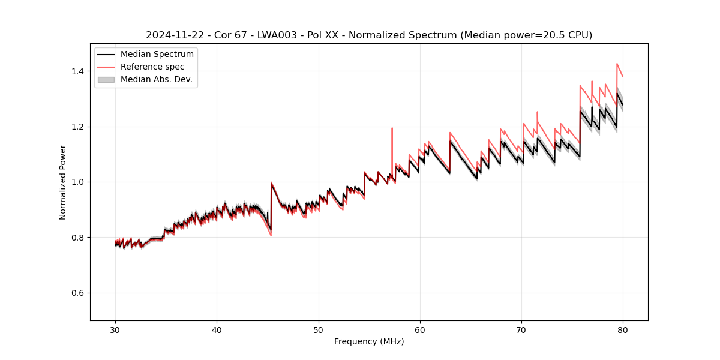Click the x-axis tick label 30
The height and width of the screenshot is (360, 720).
point(115,329)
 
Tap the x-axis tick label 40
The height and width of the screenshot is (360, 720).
point(217,329)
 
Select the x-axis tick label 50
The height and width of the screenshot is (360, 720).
point(319,329)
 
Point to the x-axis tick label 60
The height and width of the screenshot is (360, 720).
point(420,329)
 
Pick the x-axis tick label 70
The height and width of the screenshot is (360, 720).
point(521,329)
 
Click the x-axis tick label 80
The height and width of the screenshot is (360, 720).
point(623,329)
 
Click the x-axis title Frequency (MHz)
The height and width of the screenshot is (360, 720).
point(369,341)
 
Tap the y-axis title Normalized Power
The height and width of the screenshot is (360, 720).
point(62,182)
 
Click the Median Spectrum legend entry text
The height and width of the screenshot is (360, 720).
point(157,55)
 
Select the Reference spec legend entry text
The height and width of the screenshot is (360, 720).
point(152,67)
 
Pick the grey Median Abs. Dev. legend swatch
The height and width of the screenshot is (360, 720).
point(106,79)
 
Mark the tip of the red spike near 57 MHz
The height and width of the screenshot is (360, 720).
point(392,128)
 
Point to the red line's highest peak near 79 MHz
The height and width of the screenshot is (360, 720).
point(617,64)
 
